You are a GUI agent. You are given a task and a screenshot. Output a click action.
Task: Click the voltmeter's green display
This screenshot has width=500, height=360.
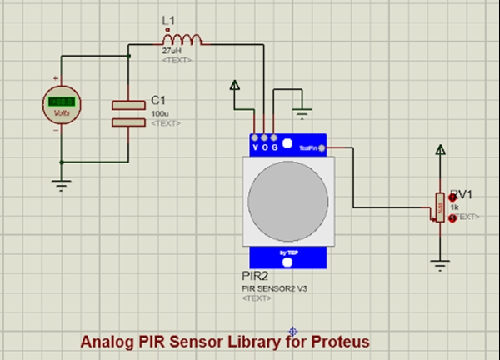click(x=60, y=102)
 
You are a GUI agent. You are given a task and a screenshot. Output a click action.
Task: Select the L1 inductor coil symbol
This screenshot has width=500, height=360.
click(x=182, y=39)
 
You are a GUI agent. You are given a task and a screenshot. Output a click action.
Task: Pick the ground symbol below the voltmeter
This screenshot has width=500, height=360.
click(x=60, y=184)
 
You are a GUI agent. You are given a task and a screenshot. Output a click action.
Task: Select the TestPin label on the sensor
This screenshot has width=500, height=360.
click(x=309, y=147)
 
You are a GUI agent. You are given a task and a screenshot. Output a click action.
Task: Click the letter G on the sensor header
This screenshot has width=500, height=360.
click(x=275, y=147)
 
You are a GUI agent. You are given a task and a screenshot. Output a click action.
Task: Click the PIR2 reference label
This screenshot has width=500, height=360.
click(x=253, y=276)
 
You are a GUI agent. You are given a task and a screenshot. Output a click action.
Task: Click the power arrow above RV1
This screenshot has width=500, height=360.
click(x=439, y=151)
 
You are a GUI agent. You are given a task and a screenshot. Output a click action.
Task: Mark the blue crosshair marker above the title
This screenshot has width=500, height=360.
click(x=293, y=330)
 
